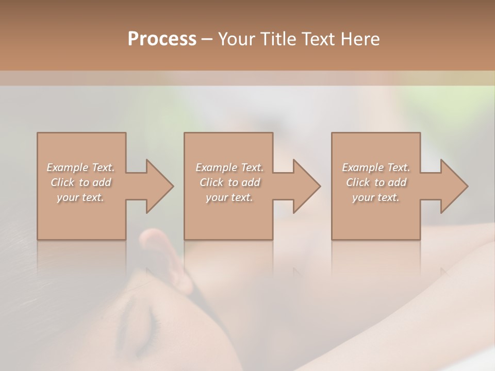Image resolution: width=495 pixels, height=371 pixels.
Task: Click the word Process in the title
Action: click(x=162, y=39)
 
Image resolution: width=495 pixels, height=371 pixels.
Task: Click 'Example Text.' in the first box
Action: click(x=80, y=167)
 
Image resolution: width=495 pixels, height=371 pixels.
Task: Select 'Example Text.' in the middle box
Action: click(x=229, y=167)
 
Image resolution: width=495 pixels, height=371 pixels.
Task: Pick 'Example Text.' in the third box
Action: click(x=376, y=167)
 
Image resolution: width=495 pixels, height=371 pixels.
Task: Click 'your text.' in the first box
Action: click(x=80, y=197)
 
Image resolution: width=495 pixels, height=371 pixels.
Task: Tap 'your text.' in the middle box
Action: click(x=229, y=197)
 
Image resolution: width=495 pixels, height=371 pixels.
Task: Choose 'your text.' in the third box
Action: click(x=376, y=197)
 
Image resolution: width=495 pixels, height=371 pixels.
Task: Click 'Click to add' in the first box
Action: click(x=80, y=182)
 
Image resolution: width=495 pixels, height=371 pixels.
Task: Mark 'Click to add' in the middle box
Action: click(x=229, y=182)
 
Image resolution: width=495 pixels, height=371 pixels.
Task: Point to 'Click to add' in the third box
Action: click(x=376, y=182)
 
